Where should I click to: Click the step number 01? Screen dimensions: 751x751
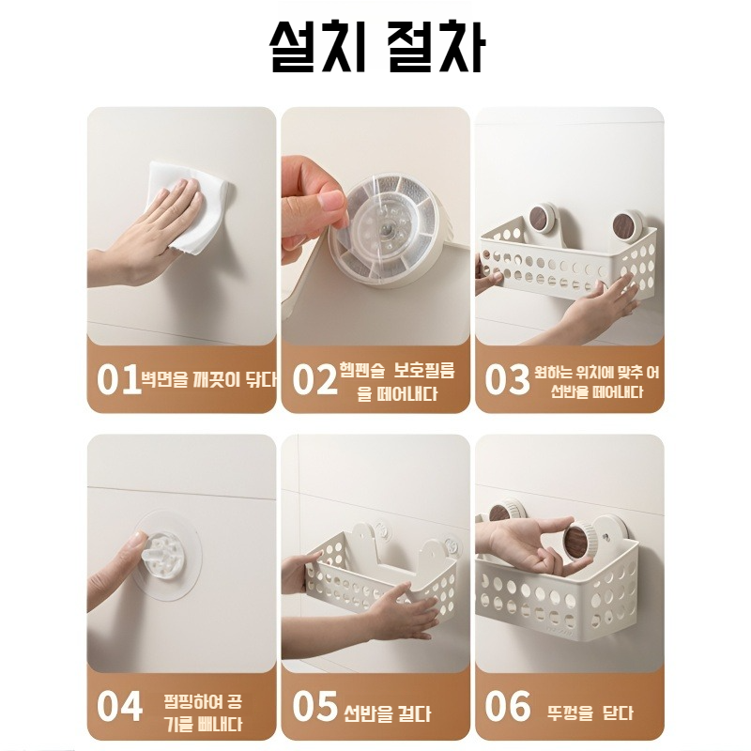click(x=117, y=380)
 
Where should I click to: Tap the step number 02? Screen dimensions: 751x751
click(x=314, y=380)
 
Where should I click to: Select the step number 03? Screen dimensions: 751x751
click(x=508, y=380)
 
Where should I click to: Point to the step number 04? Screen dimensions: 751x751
click(x=120, y=706)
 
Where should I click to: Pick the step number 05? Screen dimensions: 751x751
click(x=314, y=706)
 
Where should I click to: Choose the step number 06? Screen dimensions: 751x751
click(x=508, y=706)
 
